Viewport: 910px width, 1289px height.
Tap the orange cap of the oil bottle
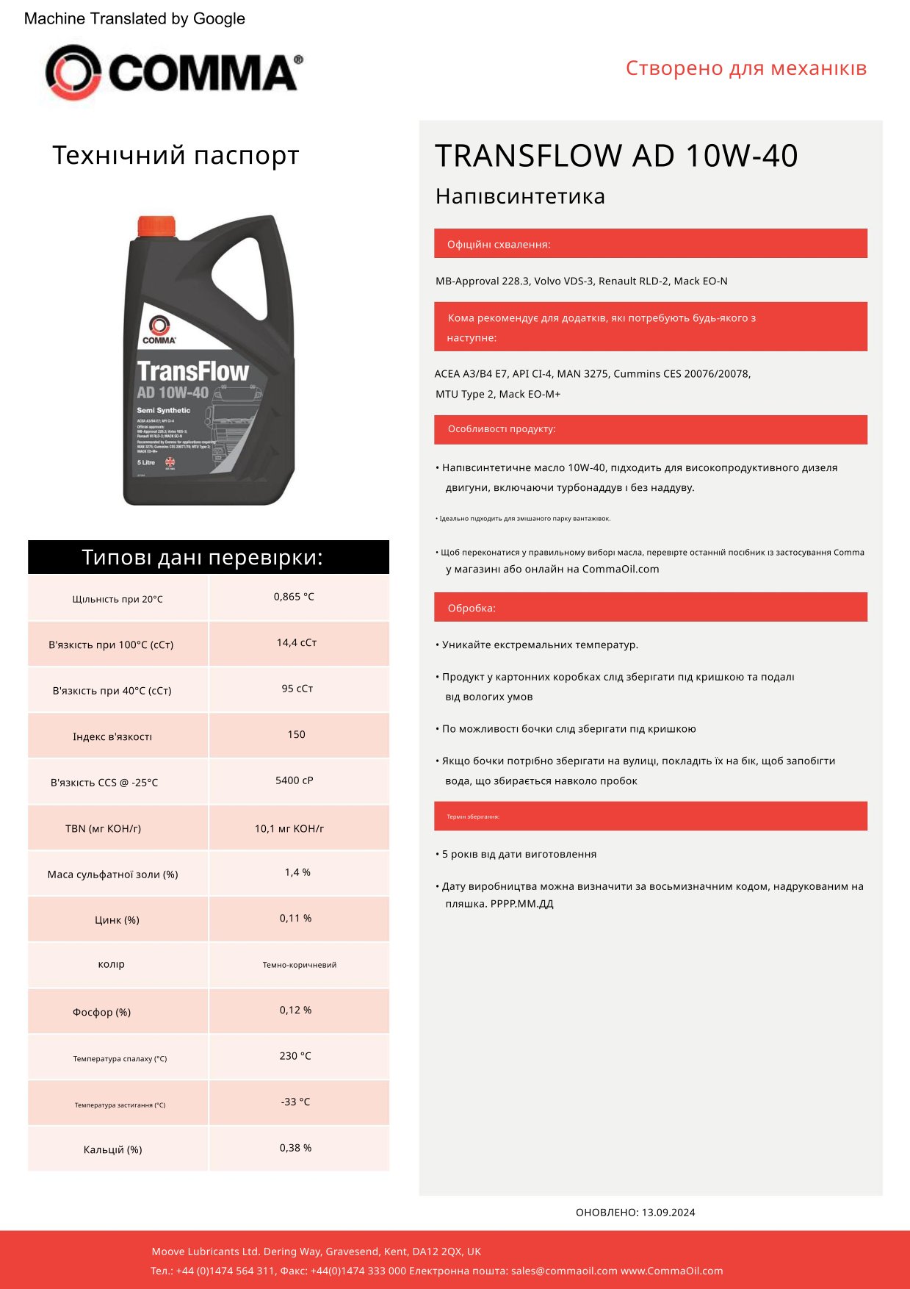pos(156,226)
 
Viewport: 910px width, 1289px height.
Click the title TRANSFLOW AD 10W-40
pos(615,156)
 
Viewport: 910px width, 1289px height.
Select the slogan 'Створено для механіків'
pos(745,68)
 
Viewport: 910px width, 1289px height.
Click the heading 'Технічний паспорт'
pos(176,156)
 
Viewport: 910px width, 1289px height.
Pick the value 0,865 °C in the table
pos(293,597)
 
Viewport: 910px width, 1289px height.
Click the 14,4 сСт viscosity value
pos(296,642)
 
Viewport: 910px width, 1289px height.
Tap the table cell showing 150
pos(296,734)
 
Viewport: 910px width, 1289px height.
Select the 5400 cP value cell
pos(294,780)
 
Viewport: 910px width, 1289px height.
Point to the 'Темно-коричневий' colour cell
pos(299,965)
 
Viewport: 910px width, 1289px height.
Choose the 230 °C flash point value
pos(295,1056)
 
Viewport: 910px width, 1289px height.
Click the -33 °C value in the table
pos(295,1102)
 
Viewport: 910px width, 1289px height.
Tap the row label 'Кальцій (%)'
pos(112,1149)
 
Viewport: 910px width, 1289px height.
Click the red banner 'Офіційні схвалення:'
pos(650,244)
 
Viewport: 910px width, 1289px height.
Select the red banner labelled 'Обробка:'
pos(650,608)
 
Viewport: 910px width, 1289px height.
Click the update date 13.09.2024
pos(668,1213)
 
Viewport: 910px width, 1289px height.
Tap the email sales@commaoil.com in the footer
pos(563,1271)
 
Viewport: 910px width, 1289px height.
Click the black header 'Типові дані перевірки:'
pos(209,557)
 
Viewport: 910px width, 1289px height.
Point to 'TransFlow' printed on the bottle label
pos(192,371)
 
